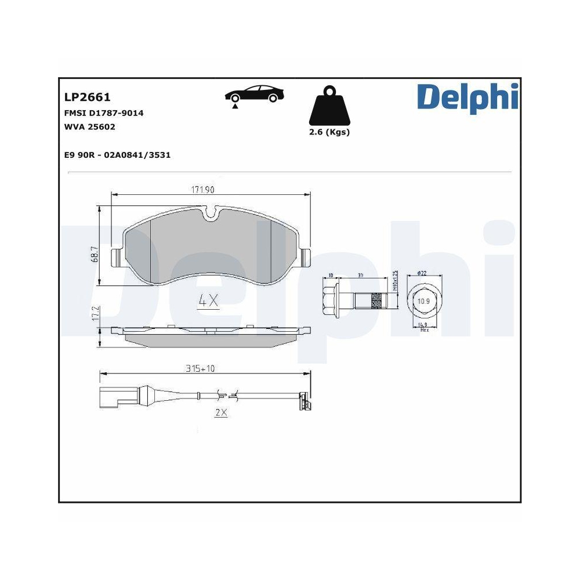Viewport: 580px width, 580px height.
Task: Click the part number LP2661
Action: [87, 97]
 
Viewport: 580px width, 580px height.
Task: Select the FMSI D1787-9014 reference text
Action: [104, 113]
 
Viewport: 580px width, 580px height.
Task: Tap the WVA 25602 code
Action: [90, 127]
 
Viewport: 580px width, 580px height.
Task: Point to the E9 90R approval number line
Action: [116, 155]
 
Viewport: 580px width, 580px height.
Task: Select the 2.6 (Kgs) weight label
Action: [330, 132]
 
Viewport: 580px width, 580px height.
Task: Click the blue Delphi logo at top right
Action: [467, 96]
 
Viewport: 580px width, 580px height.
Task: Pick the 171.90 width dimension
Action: [207, 190]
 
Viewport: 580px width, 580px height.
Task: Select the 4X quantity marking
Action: [208, 300]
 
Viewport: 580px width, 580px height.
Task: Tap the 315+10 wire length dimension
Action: [200, 368]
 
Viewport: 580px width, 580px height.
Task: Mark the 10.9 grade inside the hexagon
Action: [424, 301]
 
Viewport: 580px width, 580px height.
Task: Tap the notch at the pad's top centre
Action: [212, 215]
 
